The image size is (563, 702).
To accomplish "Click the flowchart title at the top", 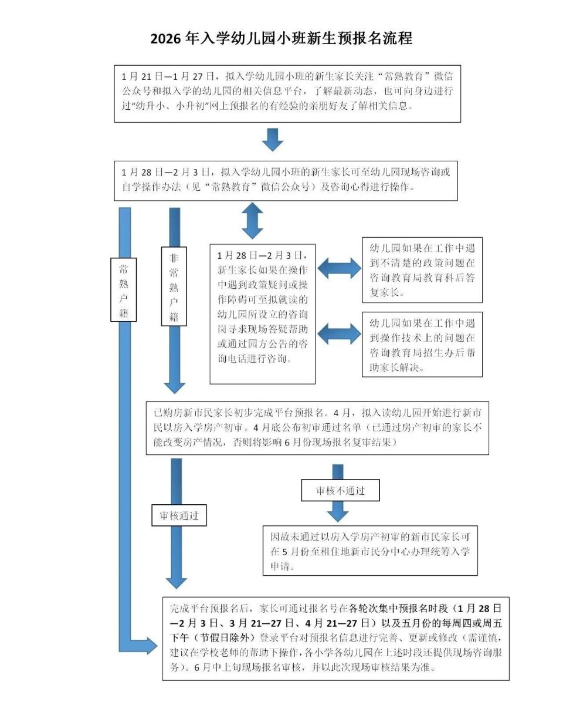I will [281, 39].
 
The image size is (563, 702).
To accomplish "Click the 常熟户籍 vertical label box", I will [123, 289].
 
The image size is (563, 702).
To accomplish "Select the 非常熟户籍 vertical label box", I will [174, 286].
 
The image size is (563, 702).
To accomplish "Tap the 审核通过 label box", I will [179, 515].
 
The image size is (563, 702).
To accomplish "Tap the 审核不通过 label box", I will [340, 490].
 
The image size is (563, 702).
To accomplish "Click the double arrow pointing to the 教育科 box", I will [340, 269].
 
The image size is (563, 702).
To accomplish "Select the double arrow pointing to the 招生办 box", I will [340, 333].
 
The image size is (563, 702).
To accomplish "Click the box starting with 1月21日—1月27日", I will [287, 93].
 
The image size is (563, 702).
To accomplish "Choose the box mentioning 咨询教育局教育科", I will [422, 269].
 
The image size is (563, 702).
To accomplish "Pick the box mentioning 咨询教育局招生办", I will [422, 344].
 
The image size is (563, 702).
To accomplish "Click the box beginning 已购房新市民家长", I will [317, 428].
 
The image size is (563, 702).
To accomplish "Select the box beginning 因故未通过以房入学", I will [370, 551].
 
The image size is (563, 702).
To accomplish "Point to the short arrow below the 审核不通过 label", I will [338, 512].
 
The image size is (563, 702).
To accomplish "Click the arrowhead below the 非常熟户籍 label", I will [174, 386].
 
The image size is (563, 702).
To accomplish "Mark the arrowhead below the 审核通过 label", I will [176, 581].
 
